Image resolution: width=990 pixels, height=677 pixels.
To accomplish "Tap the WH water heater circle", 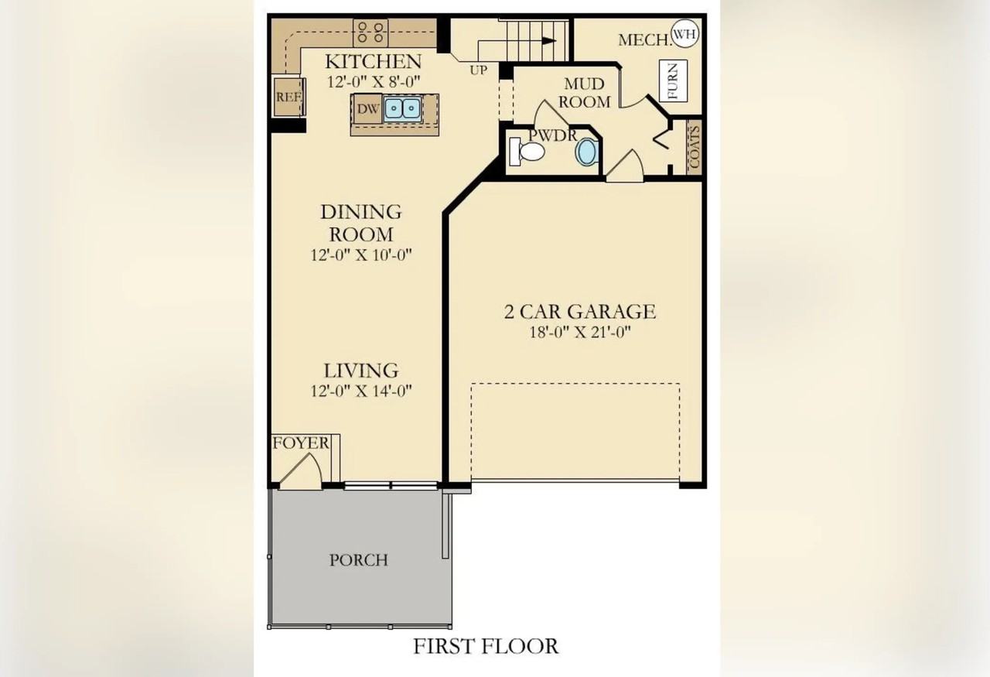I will point(683,33).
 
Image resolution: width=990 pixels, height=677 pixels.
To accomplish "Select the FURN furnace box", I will point(672,80).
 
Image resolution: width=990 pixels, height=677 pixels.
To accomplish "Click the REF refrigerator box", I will point(288,97).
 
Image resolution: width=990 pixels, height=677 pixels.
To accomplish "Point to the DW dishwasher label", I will point(368,109).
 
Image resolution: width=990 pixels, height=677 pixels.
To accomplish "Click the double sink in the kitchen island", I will point(402,108).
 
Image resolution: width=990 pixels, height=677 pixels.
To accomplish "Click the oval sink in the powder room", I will point(587,152).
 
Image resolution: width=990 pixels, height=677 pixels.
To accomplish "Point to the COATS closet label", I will point(694,147).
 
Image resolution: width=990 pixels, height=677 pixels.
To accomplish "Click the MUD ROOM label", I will point(584,93).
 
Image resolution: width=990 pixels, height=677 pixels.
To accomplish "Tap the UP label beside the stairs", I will point(478,70).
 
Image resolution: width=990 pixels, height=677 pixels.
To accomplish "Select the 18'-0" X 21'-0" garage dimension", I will point(580,333).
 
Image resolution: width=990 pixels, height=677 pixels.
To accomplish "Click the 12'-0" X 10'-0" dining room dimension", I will point(360,255).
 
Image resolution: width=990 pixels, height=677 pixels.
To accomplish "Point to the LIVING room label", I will point(360,371).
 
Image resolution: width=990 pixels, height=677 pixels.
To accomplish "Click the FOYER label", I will point(301,443).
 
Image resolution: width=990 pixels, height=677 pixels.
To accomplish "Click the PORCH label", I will point(359,559).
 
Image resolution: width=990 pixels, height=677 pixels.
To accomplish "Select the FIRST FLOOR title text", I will point(485,646).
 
